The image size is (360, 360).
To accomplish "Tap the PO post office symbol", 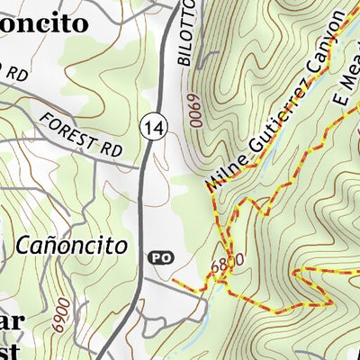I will (x=158, y=257).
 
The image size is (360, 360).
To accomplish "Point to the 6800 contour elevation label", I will (x=226, y=266).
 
